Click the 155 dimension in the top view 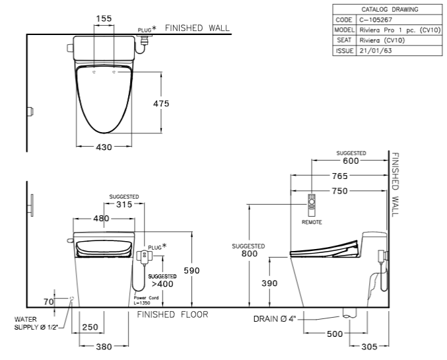tap(104, 18)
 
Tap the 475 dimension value tap(161, 103)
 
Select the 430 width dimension tap(104, 147)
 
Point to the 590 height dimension tap(191, 270)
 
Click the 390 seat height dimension tap(269, 283)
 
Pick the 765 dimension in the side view tap(340, 176)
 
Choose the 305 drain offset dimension tap(369, 347)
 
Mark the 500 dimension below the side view tap(335, 334)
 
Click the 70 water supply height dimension tap(49, 301)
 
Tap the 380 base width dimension tap(104, 347)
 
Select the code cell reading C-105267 tap(376, 20)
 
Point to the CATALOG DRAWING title tap(390, 9)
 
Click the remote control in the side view tap(312, 205)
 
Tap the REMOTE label tap(312, 222)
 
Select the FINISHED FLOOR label tap(172, 314)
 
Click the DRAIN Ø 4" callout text tap(275, 318)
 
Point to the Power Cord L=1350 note tap(146, 300)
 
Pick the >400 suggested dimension tap(162, 284)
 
